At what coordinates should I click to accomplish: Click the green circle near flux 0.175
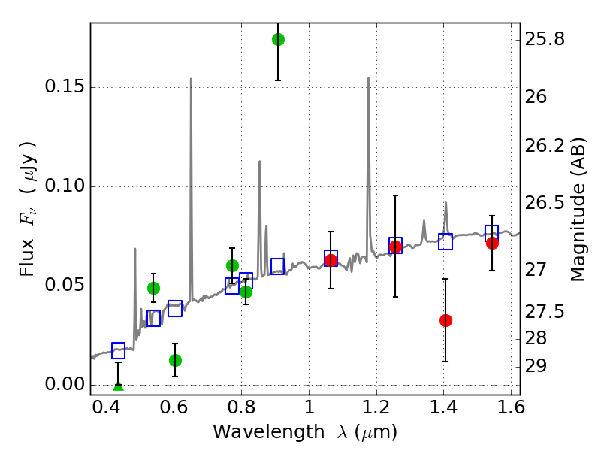278,39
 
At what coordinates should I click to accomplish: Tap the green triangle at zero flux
118,386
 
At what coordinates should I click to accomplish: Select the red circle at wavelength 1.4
445,320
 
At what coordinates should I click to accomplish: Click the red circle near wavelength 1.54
492,243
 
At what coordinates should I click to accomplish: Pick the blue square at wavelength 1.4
445,241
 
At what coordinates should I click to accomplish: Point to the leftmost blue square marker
118,350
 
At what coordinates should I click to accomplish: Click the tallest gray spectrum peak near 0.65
191,80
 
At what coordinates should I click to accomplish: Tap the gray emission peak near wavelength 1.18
368,79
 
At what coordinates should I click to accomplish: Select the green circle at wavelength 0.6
175,360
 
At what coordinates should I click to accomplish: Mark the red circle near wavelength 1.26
395,247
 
